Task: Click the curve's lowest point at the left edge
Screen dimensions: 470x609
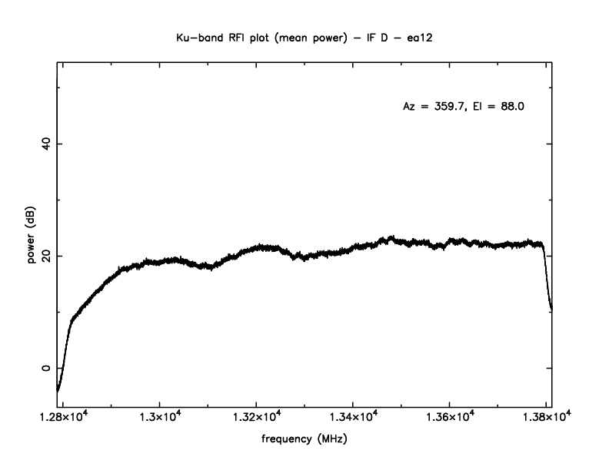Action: pyautogui.click(x=58, y=390)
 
